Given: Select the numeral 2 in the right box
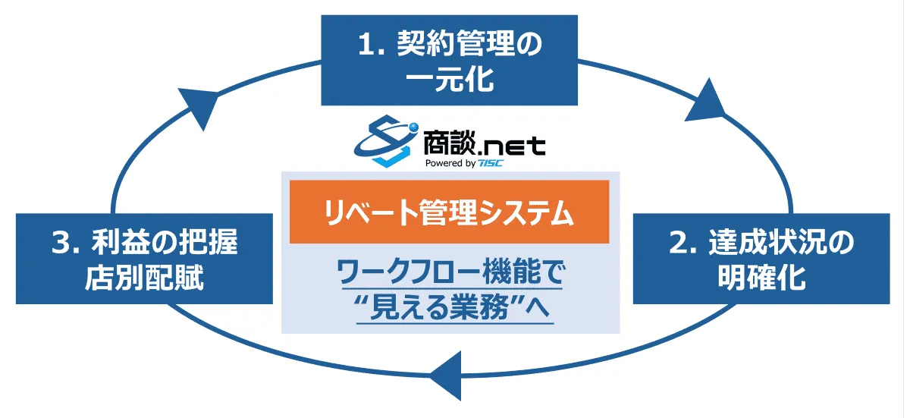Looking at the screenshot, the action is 679,243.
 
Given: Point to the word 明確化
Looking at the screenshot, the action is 761,278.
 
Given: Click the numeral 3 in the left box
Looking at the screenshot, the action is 61,243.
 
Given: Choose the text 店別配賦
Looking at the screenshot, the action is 144,278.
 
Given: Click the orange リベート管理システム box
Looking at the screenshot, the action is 449,212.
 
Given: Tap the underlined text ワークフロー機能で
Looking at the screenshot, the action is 451,272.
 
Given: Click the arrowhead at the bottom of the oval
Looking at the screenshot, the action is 446,376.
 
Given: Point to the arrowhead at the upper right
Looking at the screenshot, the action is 706,100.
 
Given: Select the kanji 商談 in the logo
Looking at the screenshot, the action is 448,142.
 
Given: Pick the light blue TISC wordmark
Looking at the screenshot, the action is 491,163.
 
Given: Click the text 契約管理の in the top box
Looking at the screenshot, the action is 469,43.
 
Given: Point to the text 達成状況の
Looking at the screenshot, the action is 782,243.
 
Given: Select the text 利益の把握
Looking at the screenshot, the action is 165,243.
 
